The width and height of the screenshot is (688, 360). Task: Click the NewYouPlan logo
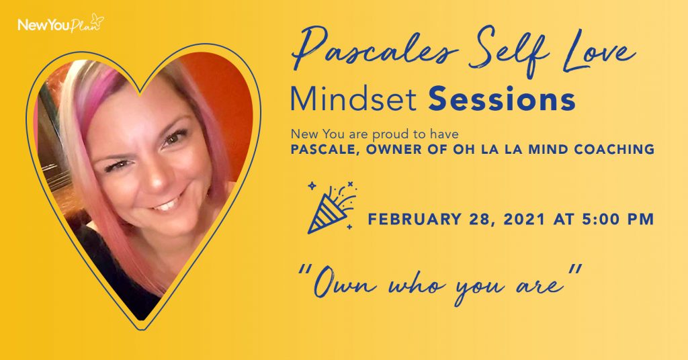click(x=60, y=24)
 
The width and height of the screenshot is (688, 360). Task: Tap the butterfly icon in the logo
click(x=97, y=19)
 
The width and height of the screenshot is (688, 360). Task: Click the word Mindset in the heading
click(x=353, y=99)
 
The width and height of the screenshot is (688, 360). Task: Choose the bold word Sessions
click(x=501, y=99)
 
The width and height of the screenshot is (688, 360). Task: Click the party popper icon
click(x=332, y=206)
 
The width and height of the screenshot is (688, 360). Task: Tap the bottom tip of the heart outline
click(x=140, y=330)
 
